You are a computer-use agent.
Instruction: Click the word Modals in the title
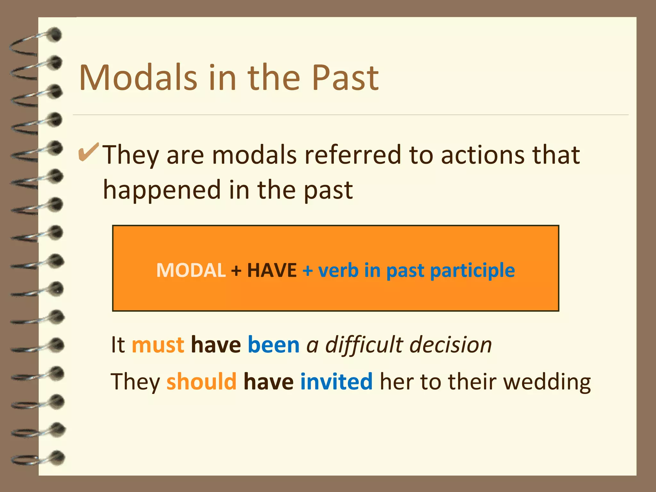tap(138, 78)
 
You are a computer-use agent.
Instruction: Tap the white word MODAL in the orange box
tap(191, 270)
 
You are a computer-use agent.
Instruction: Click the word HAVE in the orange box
tap(272, 270)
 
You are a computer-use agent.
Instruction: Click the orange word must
tap(158, 345)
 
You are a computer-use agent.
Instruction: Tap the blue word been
tap(274, 345)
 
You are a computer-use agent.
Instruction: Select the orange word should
tap(201, 382)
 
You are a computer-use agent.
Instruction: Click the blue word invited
tap(336, 382)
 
